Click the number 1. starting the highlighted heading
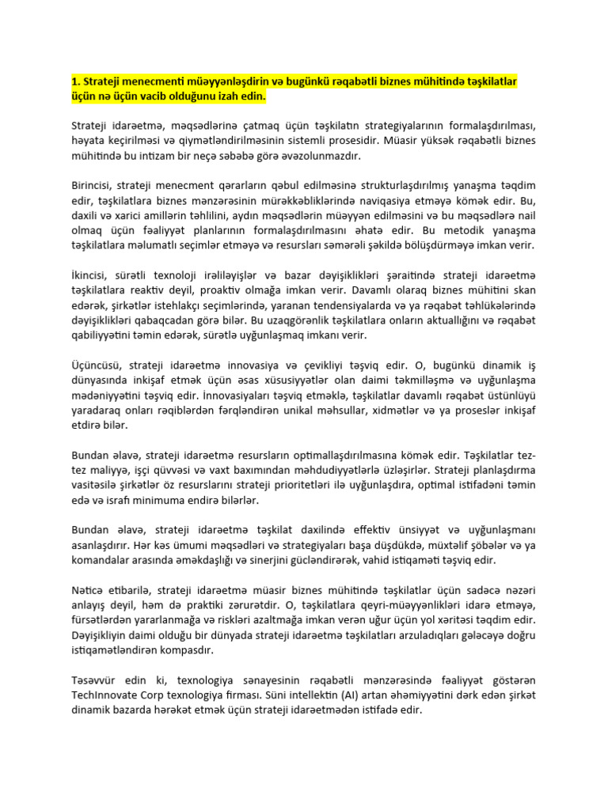pos(76,82)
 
